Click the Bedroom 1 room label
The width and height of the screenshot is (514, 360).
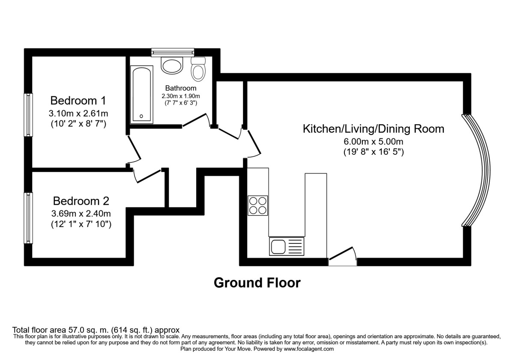pyautogui.click(x=78, y=101)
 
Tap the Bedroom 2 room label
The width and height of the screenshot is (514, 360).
pyautogui.click(x=81, y=201)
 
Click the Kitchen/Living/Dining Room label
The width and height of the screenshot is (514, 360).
pyautogui.click(x=374, y=129)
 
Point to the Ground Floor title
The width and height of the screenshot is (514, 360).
pyautogui.click(x=257, y=283)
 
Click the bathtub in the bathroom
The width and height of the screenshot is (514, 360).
pyautogui.click(x=141, y=94)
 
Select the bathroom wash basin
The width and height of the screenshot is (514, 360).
pyautogui.click(x=172, y=66)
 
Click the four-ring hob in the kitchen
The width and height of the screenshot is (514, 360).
pyautogui.click(x=257, y=205)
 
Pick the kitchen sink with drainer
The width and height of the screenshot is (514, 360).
pyautogui.click(x=286, y=247)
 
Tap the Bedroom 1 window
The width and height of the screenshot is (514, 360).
pyautogui.click(x=28, y=115)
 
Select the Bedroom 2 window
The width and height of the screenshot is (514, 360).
pyautogui.click(x=28, y=218)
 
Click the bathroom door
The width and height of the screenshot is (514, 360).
pyautogui.click(x=196, y=121)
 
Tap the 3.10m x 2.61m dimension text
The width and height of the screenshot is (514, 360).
pyautogui.click(x=78, y=114)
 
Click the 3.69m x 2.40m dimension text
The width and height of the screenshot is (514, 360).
pyautogui.click(x=81, y=213)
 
